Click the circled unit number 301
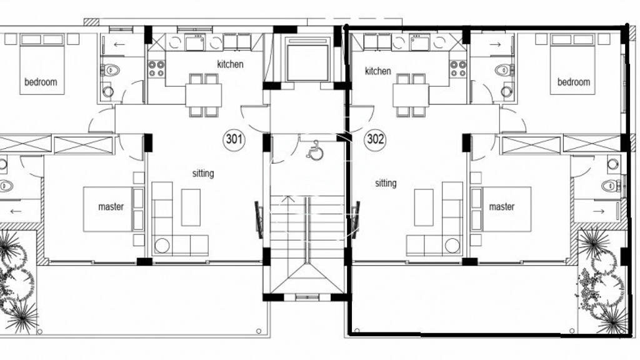[234, 139]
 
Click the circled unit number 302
[375, 139]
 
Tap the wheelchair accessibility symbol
[316, 150]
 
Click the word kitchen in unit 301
[230, 64]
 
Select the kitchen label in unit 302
[377, 71]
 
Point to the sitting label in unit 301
[203, 174]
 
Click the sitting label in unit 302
[386, 183]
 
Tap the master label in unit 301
[111, 206]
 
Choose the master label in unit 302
[502, 206]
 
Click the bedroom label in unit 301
[41, 82]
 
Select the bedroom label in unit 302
[574, 82]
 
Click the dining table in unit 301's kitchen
[203, 95]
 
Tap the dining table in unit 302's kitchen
[411, 95]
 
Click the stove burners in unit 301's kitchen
[156, 69]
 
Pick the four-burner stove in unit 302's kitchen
[458, 69]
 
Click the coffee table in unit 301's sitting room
[191, 207]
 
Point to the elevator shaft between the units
[307, 59]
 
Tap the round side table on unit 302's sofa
[452, 246]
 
